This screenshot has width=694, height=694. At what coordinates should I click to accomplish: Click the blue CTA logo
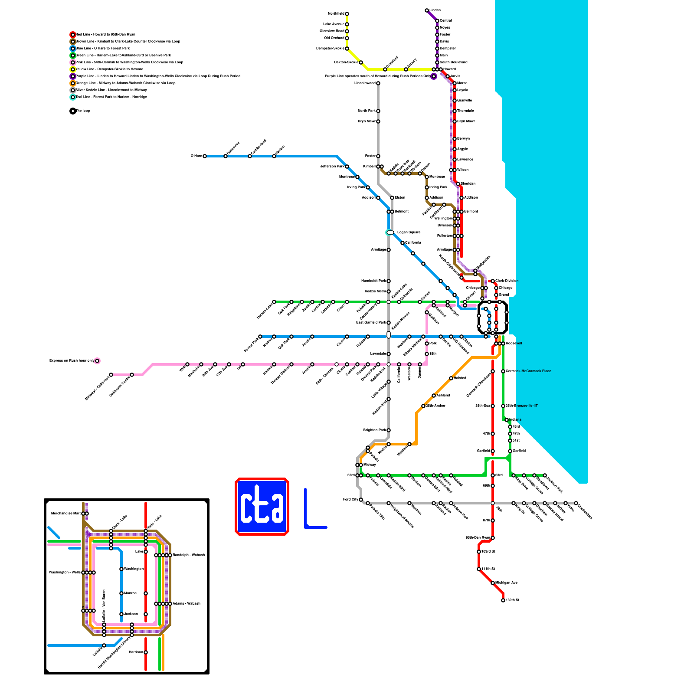pyautogui.click(x=262, y=507)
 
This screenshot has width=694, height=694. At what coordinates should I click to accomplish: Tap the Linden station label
pyautogui.click(x=435, y=10)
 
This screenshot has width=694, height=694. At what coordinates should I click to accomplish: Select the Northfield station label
pyautogui.click(x=336, y=14)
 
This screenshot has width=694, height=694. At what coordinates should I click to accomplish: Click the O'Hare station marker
pyautogui.click(x=205, y=156)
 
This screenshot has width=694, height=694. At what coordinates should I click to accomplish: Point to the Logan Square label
pyautogui.click(x=409, y=232)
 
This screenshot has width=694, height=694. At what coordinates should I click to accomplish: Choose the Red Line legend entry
pyautogui.click(x=105, y=34)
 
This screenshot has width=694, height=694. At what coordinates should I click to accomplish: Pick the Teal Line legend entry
pyautogui.click(x=111, y=97)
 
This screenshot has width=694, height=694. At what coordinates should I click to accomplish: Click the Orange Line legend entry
pyautogui.click(x=125, y=83)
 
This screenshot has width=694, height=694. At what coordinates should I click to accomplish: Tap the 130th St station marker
pyautogui.click(x=503, y=600)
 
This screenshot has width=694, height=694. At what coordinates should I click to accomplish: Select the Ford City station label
pyautogui.click(x=350, y=500)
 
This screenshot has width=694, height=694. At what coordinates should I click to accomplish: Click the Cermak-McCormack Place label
pyautogui.click(x=528, y=371)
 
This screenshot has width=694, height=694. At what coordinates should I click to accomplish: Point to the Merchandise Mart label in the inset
pyautogui.click(x=66, y=514)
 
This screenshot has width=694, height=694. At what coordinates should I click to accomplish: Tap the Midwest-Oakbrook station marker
pyautogui.click(x=111, y=375)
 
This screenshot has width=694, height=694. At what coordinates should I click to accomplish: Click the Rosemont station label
pyautogui.click(x=233, y=147)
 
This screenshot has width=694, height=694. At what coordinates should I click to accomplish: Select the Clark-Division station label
pyautogui.click(x=507, y=281)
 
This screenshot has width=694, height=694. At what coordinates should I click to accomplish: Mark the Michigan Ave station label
pyautogui.click(x=506, y=583)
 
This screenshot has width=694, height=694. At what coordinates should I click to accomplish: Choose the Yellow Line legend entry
pyautogui.click(x=110, y=69)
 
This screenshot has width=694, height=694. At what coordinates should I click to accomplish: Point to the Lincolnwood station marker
pyautogui.click(x=378, y=83)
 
